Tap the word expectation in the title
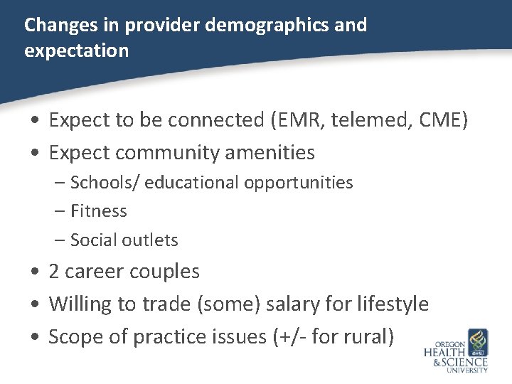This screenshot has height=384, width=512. [76, 50]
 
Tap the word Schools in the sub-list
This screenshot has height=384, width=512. [105, 183]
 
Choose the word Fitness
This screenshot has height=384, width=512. [98, 211]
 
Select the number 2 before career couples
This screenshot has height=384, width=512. [54, 272]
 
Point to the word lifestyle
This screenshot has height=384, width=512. [390, 304]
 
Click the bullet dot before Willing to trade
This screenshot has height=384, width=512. [35, 305]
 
